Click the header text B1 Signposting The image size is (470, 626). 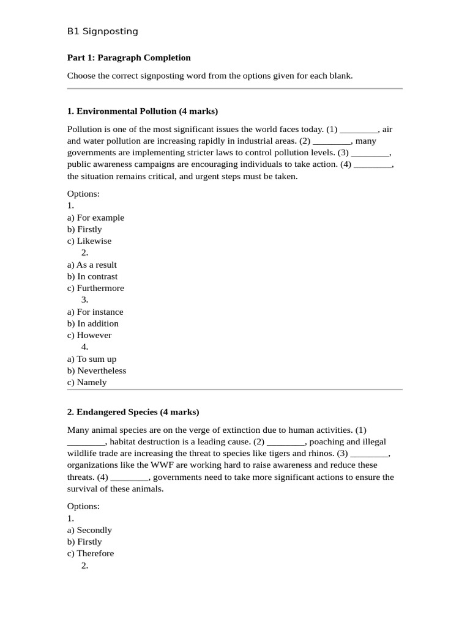click(102, 31)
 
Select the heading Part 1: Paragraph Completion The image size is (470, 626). click(129, 57)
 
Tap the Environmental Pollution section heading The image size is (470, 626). click(142, 111)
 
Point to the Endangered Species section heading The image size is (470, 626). click(133, 412)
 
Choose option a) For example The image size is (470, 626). click(95, 218)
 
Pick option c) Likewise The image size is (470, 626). click(89, 241)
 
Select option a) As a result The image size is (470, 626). click(92, 265)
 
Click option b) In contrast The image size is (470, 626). click(92, 276)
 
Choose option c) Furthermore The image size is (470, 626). click(95, 288)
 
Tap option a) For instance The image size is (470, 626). click(95, 312)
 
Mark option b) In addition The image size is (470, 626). click(93, 323)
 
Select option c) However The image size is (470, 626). click(89, 335)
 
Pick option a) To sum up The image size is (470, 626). click(92, 359)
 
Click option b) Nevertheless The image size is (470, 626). click(97, 370)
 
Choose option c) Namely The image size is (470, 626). click(87, 382)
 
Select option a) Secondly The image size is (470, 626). click(89, 530)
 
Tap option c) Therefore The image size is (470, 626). click(91, 553)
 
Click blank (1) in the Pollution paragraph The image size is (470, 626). click(359, 130)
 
